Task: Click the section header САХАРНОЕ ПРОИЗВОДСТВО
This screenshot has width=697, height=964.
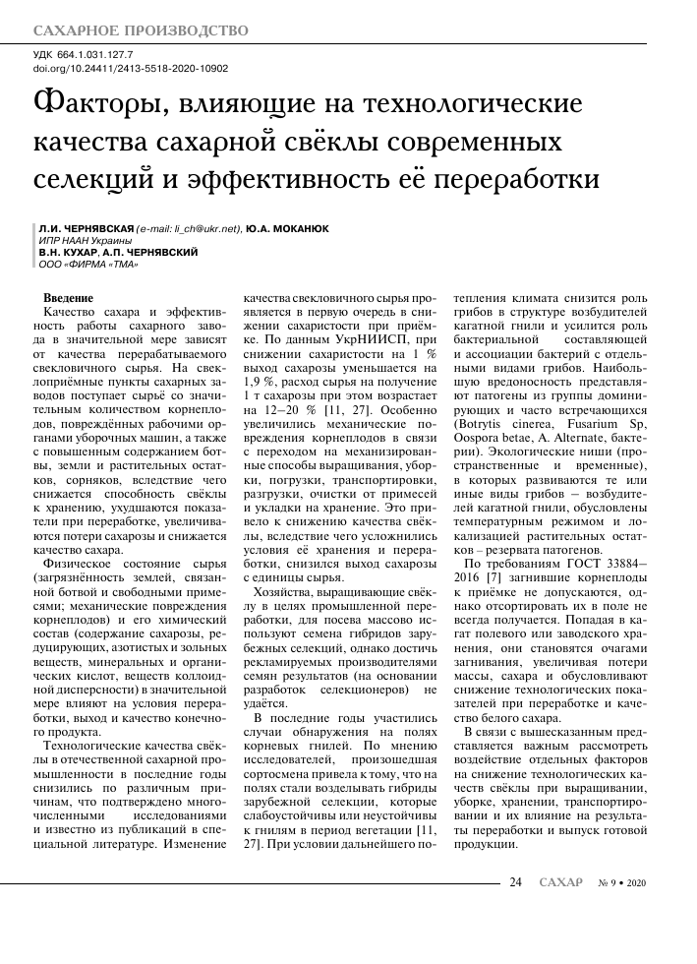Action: point(142,31)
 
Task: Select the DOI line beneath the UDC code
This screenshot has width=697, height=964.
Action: point(131,69)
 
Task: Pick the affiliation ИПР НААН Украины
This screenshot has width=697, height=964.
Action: point(85,240)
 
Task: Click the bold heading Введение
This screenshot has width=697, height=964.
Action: point(70,297)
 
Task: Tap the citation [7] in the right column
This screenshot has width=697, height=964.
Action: point(487,578)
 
